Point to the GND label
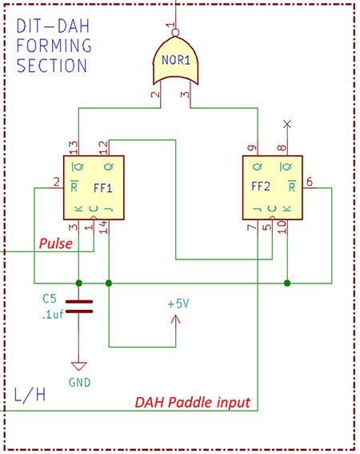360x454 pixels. tap(78, 383)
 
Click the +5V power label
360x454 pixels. tap(178, 305)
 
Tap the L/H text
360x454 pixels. tap(31, 395)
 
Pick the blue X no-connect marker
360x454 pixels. tap(287, 124)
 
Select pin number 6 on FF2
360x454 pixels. tap(310, 183)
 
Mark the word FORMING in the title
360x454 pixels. tap(54, 46)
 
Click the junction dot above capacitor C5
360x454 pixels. tap(78, 283)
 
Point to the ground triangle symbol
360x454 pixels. tap(78, 365)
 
